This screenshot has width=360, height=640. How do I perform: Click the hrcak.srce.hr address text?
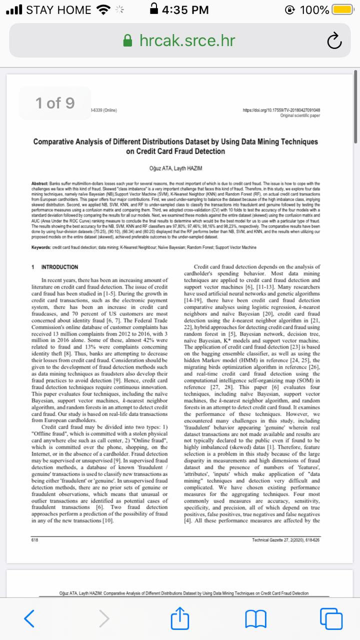[187, 40]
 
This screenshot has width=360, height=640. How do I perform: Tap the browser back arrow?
[29, 618]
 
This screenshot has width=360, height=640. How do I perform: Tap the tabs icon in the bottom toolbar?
[330, 618]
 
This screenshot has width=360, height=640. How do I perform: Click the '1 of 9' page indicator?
[55, 103]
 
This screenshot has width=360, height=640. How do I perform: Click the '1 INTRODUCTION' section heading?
[54, 267]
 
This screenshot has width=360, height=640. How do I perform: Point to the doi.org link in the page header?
[281, 110]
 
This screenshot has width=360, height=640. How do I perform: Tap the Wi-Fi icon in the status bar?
[104, 10]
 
